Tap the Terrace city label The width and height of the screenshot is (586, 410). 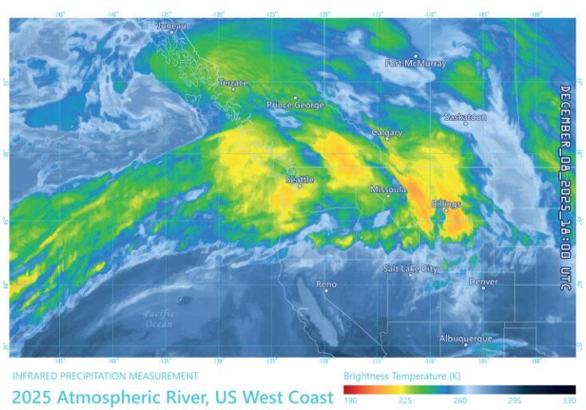click(234, 82)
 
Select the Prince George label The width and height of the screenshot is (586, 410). click(295, 105)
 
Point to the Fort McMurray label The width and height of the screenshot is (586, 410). click(415, 62)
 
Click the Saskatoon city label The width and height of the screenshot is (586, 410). click(465, 117)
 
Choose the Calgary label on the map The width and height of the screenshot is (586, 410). click(387, 133)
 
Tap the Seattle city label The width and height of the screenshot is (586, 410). click(299, 180)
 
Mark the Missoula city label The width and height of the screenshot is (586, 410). click(388, 190)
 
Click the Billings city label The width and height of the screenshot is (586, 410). click(446, 204)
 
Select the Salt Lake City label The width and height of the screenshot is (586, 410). click(410, 269)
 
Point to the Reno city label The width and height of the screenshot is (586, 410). click(326, 284)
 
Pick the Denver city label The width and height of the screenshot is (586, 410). click(483, 282)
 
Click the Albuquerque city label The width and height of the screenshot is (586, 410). click(465, 339)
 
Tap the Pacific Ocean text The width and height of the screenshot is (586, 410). click(159, 318)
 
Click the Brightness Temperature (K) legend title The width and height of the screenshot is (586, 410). click(402, 375)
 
